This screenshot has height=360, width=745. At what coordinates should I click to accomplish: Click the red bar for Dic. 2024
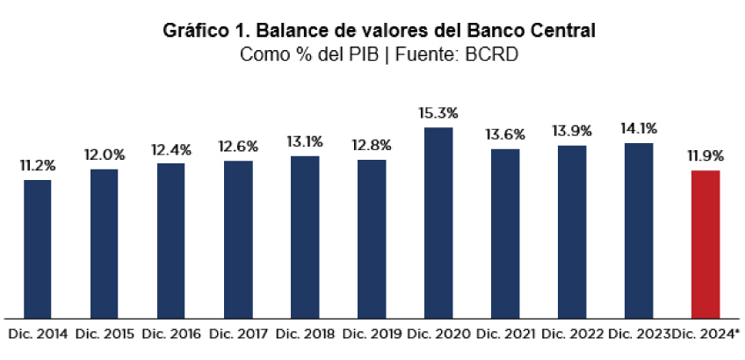705,243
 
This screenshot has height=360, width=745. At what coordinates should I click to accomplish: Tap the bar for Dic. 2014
38,248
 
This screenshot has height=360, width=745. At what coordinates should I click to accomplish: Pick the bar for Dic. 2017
238,238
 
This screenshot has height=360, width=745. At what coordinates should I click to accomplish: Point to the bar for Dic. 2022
572,231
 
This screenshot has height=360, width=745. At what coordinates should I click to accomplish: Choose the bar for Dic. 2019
372,238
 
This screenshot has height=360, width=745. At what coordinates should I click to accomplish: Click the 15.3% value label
439,114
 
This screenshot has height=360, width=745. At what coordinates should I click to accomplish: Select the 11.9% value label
705,156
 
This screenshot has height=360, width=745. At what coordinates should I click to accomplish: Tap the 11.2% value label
38,165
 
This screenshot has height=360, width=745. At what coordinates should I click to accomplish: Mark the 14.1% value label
639,129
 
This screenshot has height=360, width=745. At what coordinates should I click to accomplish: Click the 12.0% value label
105,155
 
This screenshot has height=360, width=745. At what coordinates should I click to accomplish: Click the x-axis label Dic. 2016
171,335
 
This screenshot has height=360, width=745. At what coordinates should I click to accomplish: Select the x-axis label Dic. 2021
505,335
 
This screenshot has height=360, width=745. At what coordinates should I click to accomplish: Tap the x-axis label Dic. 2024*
706,335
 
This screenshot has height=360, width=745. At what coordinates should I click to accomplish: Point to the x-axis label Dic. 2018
305,335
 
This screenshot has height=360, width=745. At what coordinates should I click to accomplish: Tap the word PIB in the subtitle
368,54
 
